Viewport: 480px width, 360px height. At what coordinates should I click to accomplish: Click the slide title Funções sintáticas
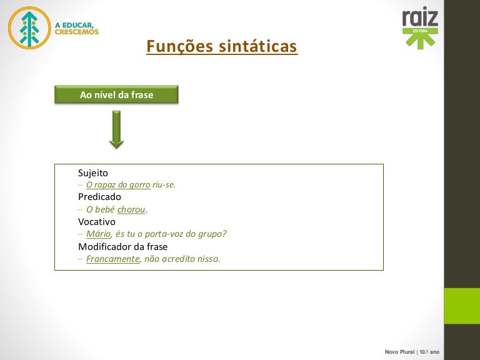(222, 46)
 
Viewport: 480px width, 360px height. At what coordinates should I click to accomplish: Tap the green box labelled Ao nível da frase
(116, 94)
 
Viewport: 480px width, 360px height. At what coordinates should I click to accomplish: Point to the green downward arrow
(117, 129)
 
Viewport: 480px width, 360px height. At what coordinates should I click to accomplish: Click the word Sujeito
(93, 173)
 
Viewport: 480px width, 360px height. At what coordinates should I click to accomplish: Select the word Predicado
(99, 197)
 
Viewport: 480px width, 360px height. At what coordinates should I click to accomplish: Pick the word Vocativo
(97, 222)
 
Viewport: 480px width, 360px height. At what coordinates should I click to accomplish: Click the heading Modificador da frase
(122, 246)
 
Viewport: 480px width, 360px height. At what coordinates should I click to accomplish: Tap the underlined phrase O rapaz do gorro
(118, 184)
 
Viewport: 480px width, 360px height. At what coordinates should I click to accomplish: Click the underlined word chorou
(131, 209)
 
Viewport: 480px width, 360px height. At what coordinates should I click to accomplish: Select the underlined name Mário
(98, 234)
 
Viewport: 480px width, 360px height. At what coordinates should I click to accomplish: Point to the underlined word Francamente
(112, 259)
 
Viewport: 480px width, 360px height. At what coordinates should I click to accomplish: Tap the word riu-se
(164, 184)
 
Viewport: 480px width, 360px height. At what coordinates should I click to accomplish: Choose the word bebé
(105, 209)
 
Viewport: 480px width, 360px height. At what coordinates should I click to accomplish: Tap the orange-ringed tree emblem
(29, 28)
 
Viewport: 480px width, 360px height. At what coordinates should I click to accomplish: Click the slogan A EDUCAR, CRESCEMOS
(76, 29)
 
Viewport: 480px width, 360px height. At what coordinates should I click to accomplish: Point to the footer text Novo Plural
(399, 352)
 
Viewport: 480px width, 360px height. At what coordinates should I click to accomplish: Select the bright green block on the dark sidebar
(462, 306)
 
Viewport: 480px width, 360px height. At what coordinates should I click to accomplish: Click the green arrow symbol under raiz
(420, 39)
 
